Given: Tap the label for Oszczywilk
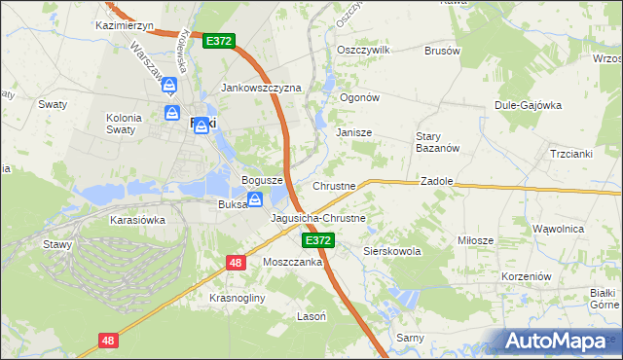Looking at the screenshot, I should (x=362, y=50).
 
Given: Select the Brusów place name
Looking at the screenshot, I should (x=441, y=50).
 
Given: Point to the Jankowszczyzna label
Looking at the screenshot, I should (x=262, y=88).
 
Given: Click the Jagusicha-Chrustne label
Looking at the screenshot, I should (x=317, y=218).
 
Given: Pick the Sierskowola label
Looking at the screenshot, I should (x=391, y=251).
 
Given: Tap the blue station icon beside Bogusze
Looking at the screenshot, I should (x=255, y=200).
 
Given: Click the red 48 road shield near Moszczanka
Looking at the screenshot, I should (x=236, y=262).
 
